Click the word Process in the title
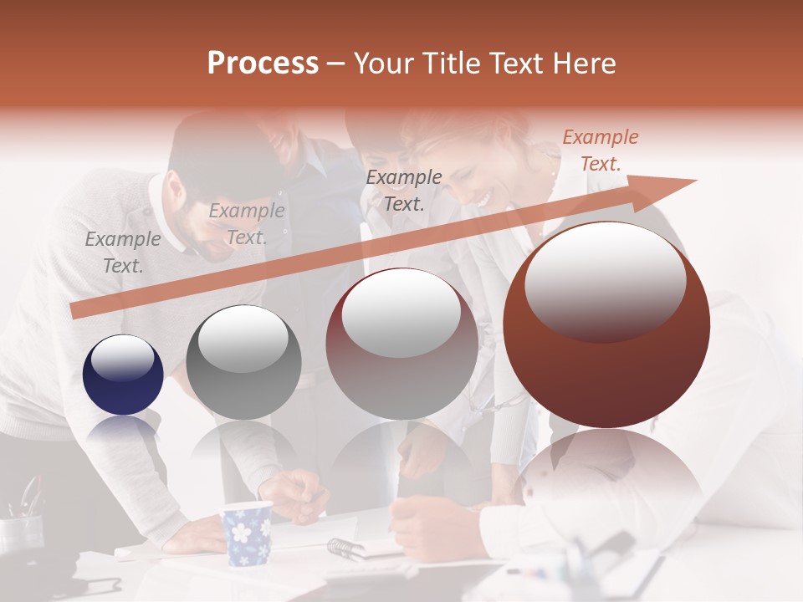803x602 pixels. [x=263, y=64]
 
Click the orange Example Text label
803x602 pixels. [x=600, y=150]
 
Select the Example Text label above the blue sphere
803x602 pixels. [x=123, y=253]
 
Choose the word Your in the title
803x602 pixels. [x=383, y=64]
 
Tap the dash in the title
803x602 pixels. [x=336, y=64]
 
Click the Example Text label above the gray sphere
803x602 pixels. [x=247, y=224]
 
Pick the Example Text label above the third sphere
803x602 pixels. [x=404, y=190]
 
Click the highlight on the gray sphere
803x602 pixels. [x=243, y=339]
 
